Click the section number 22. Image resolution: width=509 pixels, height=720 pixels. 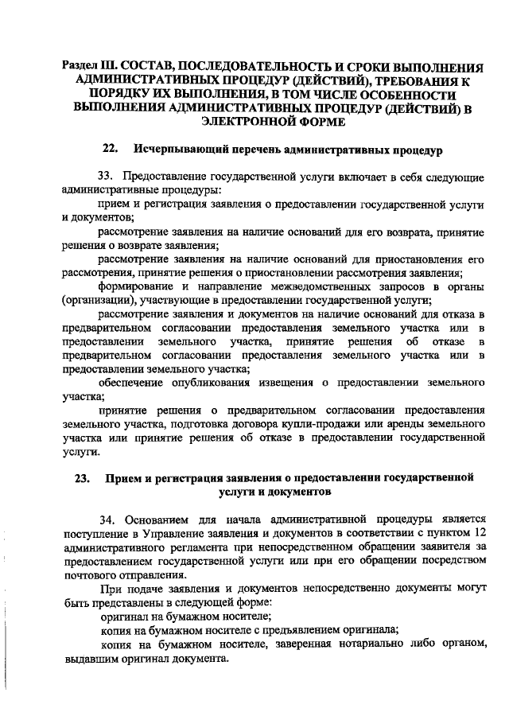(x=111, y=149)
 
